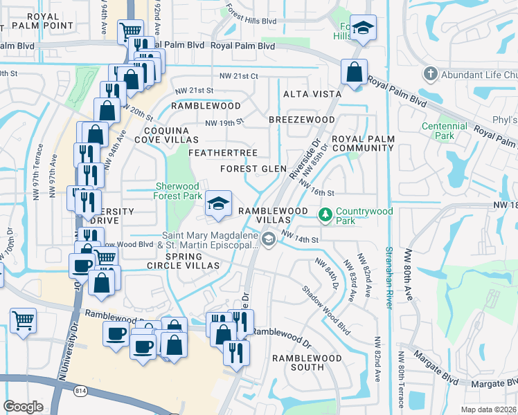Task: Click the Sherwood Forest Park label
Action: click(177, 191)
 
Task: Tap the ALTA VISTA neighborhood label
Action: click(312, 93)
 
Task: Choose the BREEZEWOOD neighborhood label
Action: click(302, 120)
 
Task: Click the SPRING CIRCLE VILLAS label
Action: click(183, 260)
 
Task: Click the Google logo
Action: click(24, 407)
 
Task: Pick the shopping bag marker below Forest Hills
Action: click(354, 72)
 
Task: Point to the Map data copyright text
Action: click(488, 409)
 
